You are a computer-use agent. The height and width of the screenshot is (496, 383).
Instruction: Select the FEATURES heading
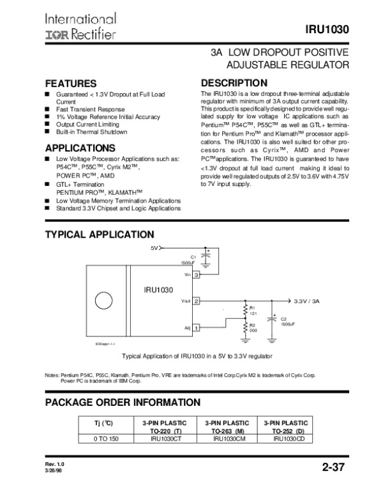coord(70,84)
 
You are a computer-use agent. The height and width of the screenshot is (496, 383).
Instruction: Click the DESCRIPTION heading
coord(234,83)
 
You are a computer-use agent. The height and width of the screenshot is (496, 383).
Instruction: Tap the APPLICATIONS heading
coord(79,148)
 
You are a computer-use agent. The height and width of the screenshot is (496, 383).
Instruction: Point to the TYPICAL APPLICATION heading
coord(99,235)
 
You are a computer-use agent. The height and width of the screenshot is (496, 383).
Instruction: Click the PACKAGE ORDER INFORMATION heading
coord(123,402)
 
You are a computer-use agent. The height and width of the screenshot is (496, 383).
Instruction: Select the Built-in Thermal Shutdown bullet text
coord(91,132)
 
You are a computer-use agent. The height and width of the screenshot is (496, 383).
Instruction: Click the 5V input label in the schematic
coord(154,247)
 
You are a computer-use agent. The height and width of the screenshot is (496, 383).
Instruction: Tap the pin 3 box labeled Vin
coord(197,274)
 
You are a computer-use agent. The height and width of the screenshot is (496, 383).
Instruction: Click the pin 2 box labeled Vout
coord(197,300)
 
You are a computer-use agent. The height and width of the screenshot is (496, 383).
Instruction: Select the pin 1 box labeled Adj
coord(197,328)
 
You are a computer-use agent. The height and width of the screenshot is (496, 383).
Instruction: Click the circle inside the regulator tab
coord(102,300)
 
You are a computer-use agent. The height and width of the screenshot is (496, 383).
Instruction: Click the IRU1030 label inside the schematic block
coord(158,290)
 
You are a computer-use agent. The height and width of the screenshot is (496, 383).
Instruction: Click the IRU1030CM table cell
coord(226,439)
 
